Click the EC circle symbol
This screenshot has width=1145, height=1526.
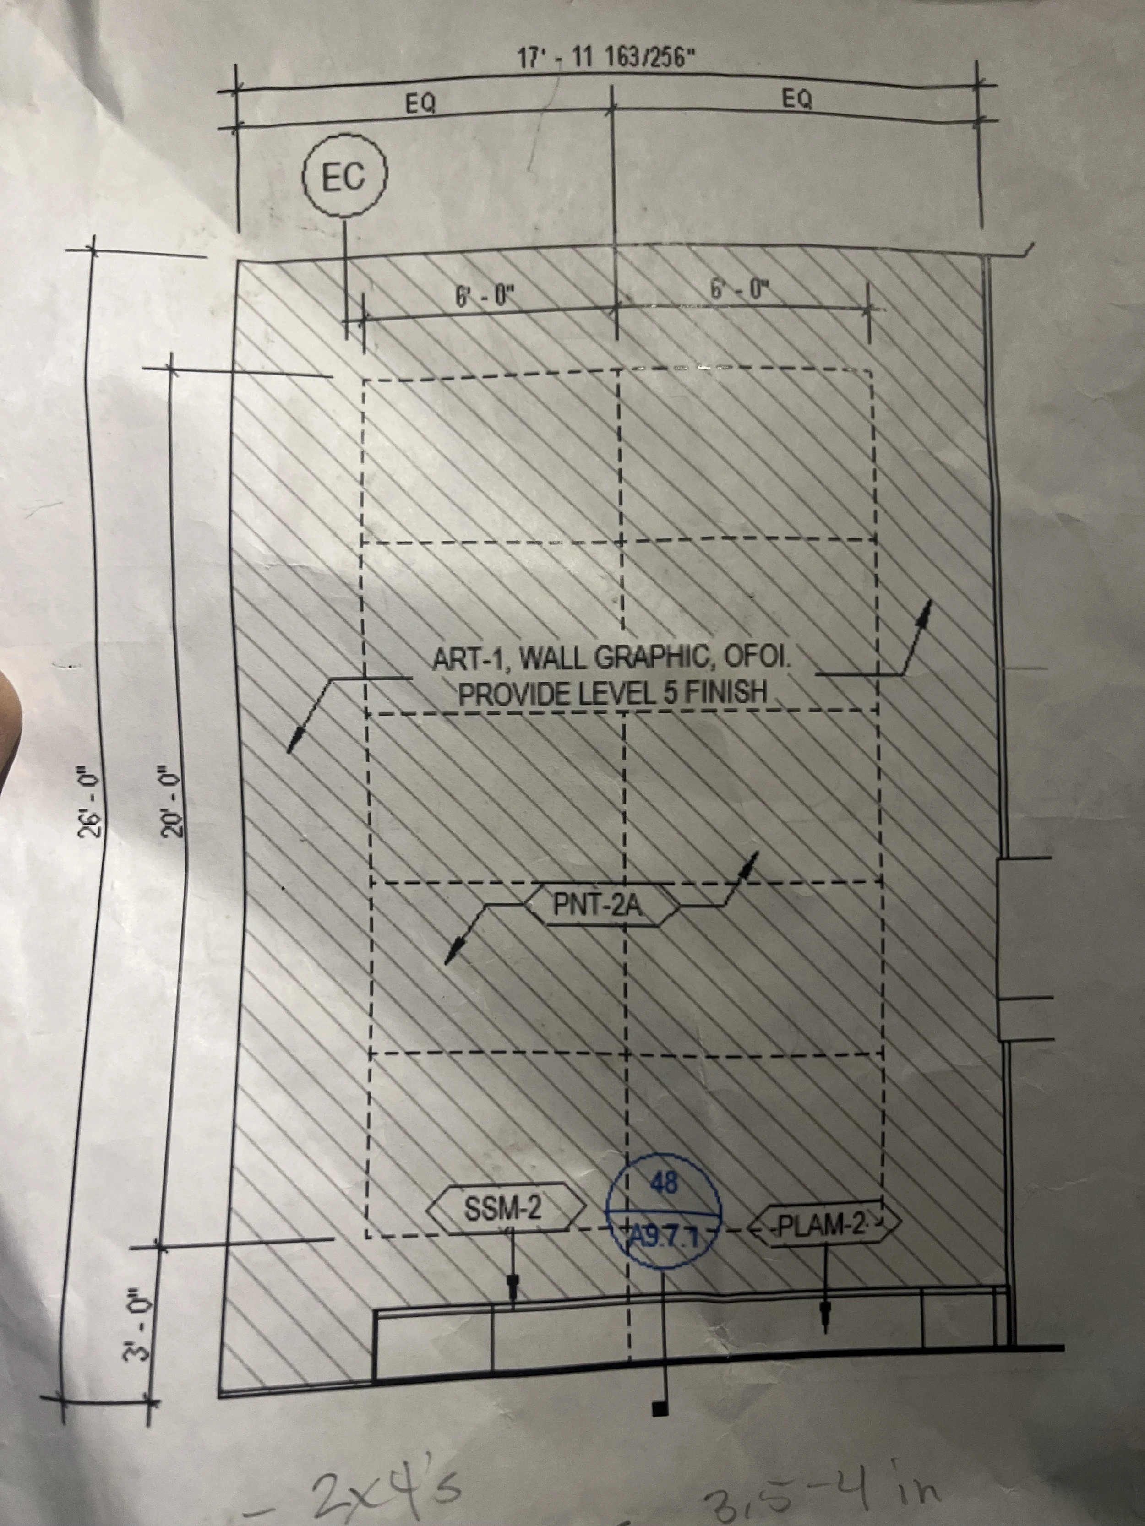pyautogui.click(x=344, y=177)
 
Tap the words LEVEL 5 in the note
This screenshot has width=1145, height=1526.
pyautogui.click(x=624, y=692)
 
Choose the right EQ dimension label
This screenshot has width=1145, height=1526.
pyautogui.click(x=797, y=100)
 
